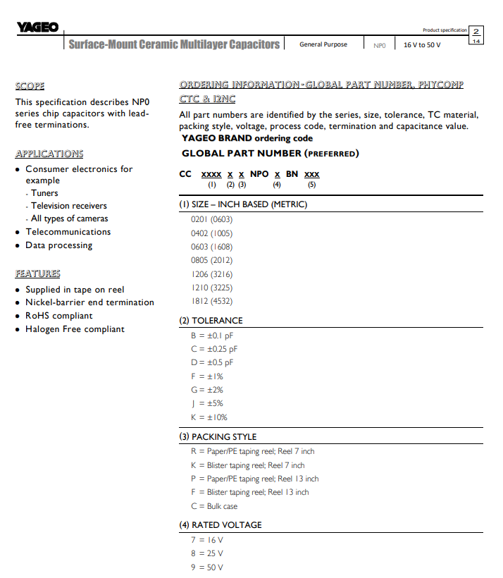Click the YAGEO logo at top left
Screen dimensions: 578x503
37,28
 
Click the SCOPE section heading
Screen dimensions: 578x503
30,86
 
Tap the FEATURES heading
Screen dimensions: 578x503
37,273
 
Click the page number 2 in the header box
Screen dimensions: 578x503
476,32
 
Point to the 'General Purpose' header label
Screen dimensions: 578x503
323,44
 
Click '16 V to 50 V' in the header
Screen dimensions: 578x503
422,45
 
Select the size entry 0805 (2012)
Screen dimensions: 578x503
211,260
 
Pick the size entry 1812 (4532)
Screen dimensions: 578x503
211,301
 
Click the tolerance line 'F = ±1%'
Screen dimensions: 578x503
206,376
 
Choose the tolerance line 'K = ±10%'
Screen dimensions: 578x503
209,417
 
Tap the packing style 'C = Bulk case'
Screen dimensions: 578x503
214,506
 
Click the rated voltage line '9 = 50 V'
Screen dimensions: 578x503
206,567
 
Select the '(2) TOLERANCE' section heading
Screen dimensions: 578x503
211,321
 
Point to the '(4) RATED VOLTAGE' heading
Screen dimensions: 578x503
221,525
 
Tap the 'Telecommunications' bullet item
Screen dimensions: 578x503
68,232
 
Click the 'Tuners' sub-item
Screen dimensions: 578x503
44,193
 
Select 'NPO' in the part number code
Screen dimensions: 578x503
259,173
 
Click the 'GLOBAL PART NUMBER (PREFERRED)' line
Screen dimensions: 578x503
270,153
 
